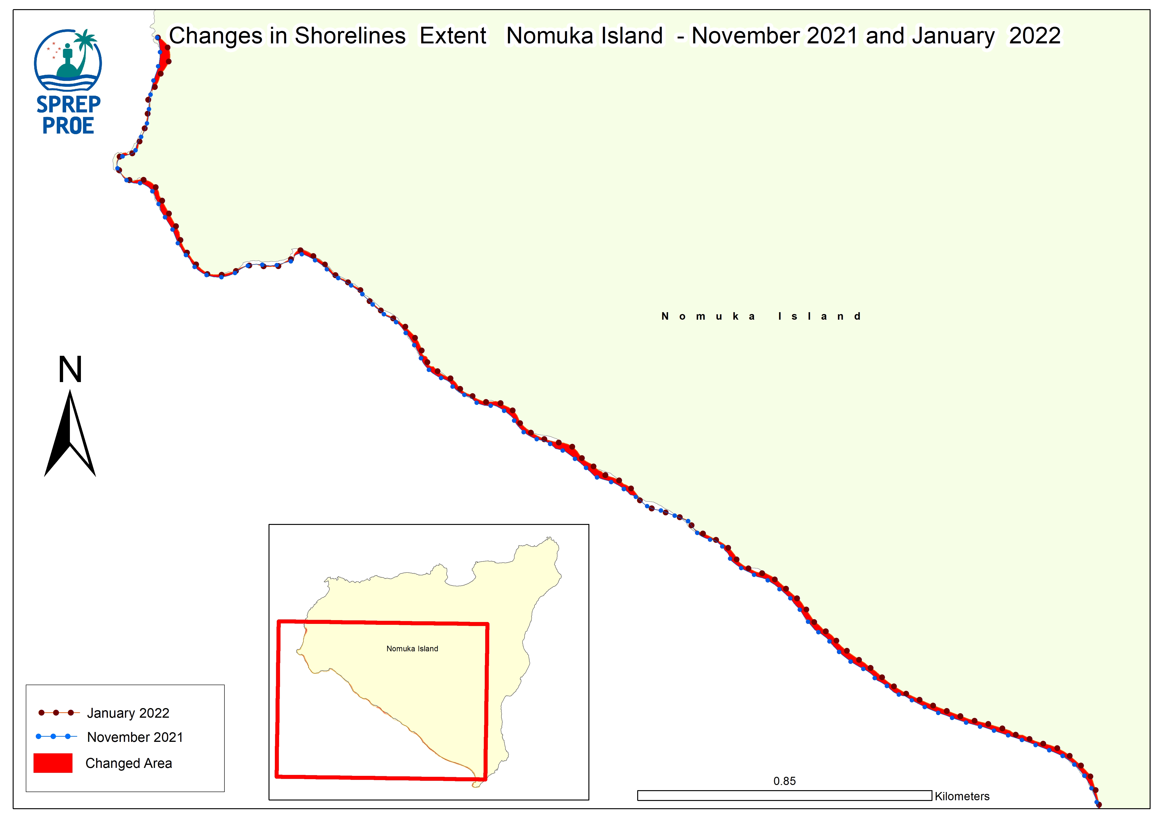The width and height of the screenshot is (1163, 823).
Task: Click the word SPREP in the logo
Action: (68, 104)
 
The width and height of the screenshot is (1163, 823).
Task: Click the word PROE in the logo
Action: (68, 126)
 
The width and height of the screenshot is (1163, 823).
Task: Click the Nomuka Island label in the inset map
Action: (412, 649)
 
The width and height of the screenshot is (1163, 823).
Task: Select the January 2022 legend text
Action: (128, 713)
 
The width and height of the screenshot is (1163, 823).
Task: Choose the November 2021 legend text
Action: (135, 737)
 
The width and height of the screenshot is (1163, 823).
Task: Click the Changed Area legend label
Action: (129, 763)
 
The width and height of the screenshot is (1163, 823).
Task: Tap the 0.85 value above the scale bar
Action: (784, 781)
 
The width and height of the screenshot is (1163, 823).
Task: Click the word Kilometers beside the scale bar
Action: (962, 796)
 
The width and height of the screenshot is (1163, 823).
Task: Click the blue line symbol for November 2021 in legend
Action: (56, 736)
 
